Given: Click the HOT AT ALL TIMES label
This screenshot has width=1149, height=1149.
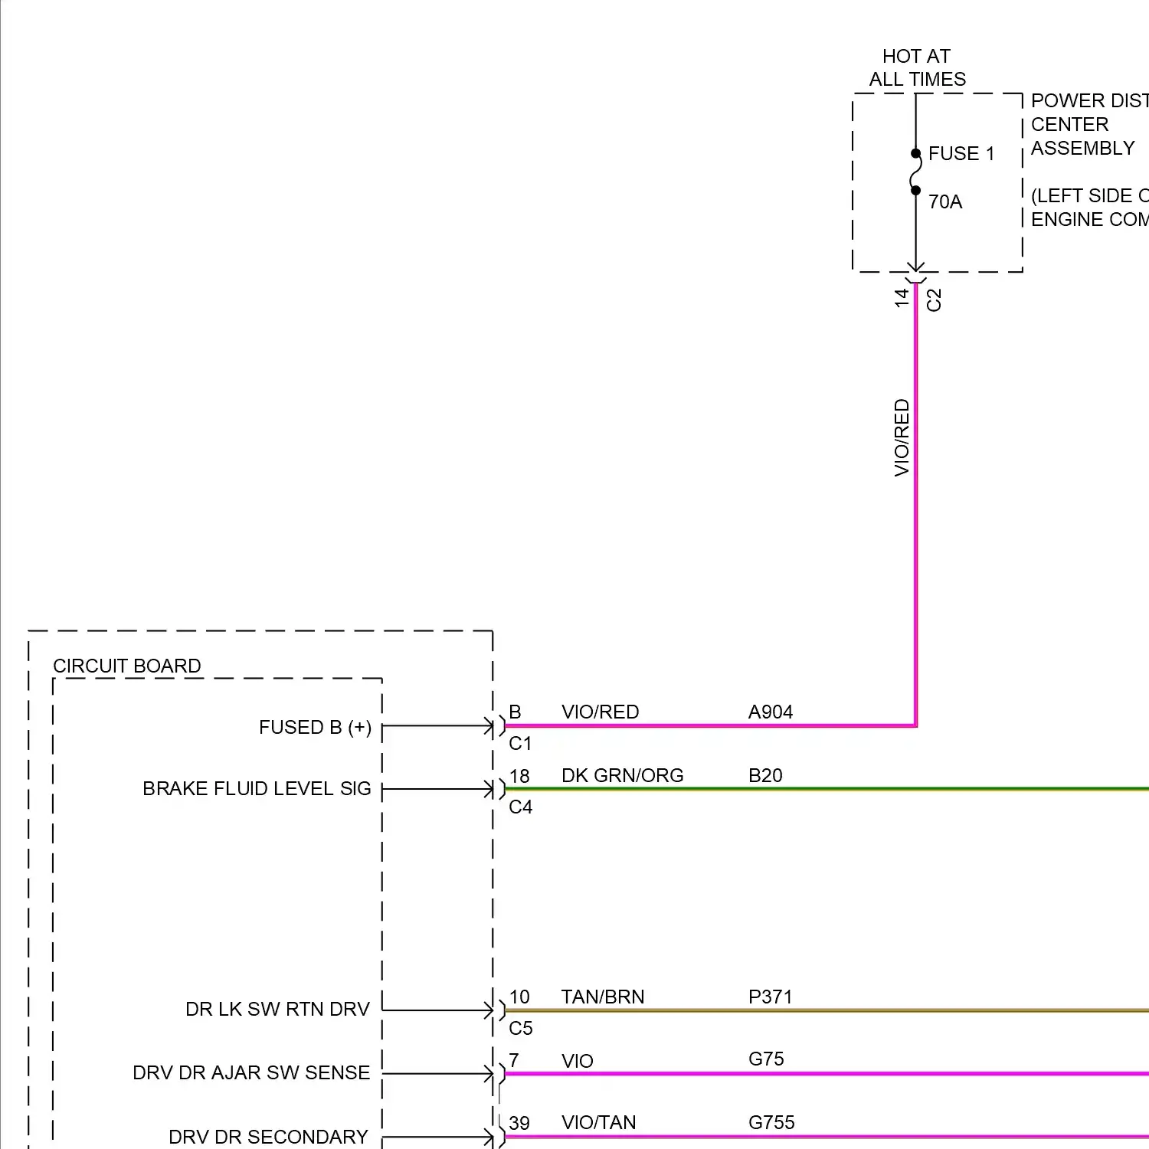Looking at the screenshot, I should tap(917, 67).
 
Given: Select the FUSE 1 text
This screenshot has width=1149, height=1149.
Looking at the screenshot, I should tap(961, 154).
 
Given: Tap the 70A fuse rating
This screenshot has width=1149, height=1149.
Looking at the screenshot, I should tap(944, 201).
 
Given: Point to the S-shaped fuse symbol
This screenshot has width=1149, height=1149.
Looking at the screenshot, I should tap(915, 172).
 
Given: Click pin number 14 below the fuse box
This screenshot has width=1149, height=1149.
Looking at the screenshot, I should tap(902, 297).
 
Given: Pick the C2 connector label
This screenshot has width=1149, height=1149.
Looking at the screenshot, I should tap(934, 300).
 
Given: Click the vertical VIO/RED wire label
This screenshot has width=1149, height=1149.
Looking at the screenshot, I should tap(902, 437).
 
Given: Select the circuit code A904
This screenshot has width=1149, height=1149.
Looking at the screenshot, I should tap(770, 712).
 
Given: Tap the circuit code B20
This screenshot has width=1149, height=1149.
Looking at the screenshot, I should tap(765, 775).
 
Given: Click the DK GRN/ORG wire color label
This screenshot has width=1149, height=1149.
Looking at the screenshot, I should tap(622, 775).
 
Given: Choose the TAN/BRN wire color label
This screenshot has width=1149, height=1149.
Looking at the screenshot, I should tap(602, 997).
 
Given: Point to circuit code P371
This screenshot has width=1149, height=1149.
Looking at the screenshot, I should tap(770, 997).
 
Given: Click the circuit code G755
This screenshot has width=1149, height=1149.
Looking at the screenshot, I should tap(771, 1122).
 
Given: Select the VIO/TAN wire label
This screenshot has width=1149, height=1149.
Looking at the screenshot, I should tap(598, 1122).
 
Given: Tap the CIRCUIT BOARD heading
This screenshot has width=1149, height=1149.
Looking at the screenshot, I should tap(126, 666).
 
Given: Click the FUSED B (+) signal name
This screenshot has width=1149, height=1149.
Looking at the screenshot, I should tap(315, 727).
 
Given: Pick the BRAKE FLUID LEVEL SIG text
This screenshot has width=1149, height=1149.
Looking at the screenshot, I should tap(257, 788).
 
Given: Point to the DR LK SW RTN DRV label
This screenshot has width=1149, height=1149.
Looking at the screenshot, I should tap(277, 1009).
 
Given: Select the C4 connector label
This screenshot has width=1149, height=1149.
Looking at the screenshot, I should tap(520, 807).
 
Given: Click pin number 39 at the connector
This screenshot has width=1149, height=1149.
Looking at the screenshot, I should tap(519, 1123).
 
